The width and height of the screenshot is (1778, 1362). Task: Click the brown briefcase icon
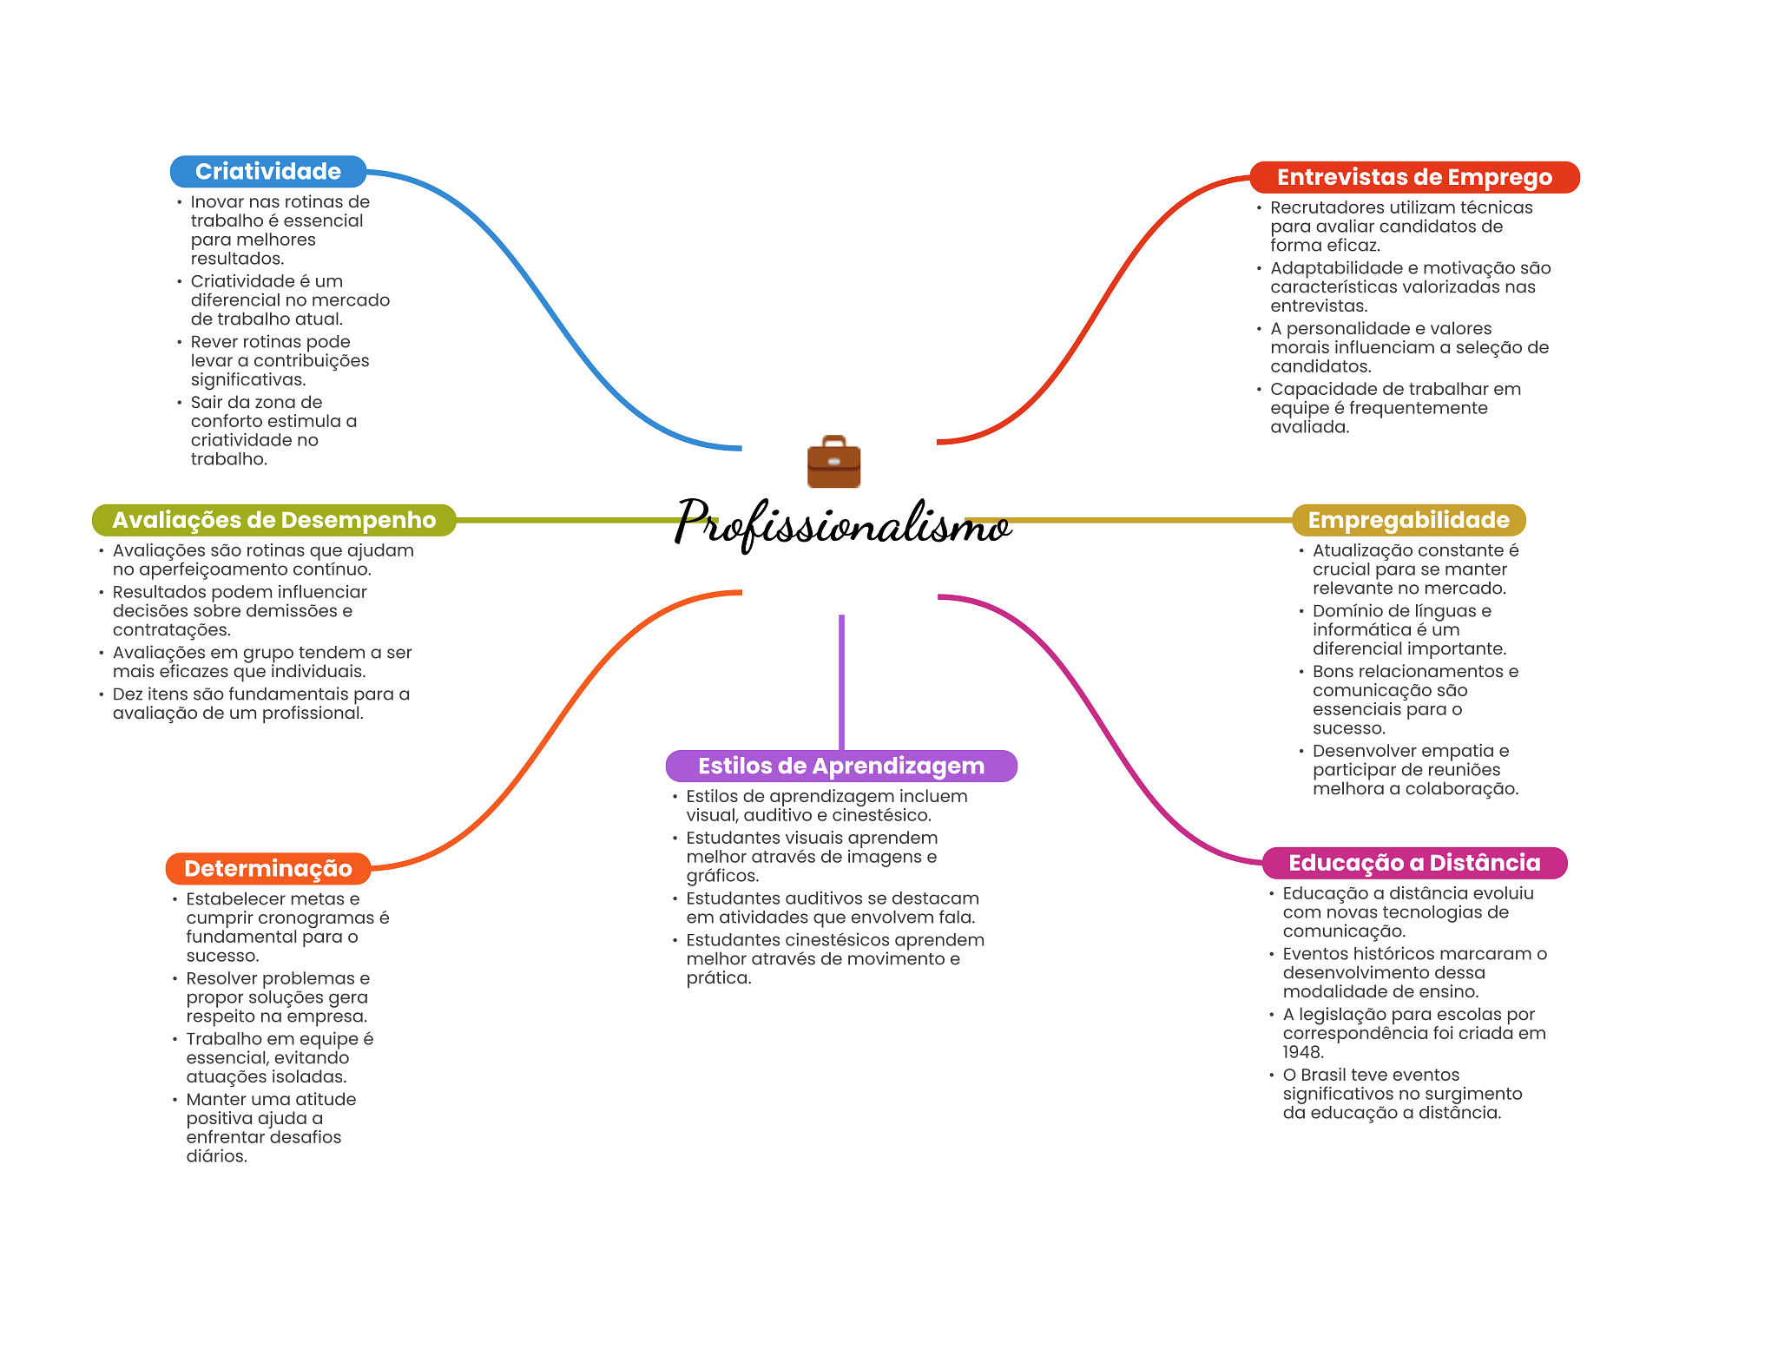833,462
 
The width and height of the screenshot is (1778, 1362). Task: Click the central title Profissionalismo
842,523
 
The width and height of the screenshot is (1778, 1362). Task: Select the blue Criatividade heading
267,172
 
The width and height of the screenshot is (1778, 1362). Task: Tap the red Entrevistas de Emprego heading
1413,178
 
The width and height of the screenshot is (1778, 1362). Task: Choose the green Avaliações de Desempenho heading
273,520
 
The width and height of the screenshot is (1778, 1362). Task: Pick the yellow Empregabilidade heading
1408,520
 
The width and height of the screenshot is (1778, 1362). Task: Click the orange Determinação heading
267,869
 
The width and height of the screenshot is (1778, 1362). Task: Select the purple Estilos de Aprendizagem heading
840,767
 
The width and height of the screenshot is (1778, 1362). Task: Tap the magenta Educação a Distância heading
1413,863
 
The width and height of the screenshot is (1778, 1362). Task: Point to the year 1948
1302,1053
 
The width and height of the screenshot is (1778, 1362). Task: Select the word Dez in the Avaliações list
128,694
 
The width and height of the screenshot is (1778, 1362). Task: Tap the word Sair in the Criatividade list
207,403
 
